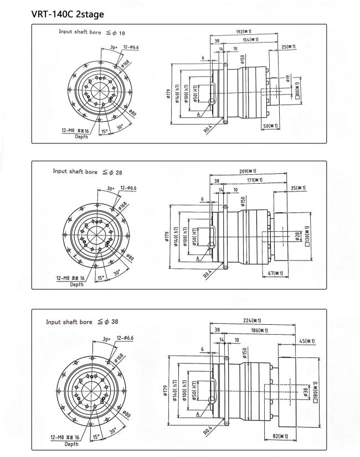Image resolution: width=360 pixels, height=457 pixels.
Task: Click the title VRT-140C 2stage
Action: [x=68, y=14]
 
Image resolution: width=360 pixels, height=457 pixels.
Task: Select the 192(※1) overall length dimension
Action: [x=244, y=31]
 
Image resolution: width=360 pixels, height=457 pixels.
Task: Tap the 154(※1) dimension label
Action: [x=250, y=39]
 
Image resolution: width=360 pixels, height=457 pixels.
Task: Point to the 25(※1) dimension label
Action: [x=288, y=46]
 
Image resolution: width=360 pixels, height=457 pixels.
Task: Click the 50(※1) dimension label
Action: [x=270, y=126]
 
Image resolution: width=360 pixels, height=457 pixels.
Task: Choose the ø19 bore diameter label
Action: [x=287, y=79]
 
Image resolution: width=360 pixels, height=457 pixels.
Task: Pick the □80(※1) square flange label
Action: [x=297, y=91]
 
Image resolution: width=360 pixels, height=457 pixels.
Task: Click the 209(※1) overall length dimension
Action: [x=248, y=171]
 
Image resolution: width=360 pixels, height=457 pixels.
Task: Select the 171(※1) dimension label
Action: [x=254, y=180]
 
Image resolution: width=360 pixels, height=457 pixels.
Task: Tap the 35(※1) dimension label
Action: [x=298, y=188]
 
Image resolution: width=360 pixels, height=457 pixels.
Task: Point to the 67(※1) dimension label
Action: [x=275, y=273]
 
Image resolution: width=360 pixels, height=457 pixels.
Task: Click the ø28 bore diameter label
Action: [x=297, y=236]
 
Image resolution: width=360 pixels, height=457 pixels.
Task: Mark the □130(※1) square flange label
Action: [x=307, y=236]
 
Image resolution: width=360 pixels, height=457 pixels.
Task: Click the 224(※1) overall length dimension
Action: [x=252, y=320]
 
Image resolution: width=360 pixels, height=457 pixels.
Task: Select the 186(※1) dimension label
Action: [x=259, y=330]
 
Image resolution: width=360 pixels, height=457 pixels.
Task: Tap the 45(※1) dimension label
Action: [x=307, y=341]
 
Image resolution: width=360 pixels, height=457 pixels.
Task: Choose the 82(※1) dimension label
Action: [x=280, y=436]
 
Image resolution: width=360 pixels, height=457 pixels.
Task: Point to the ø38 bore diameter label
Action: [x=305, y=392]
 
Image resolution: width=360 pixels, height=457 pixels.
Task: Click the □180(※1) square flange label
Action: [x=315, y=392]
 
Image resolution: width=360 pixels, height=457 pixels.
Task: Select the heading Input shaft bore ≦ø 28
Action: [x=88, y=172]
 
